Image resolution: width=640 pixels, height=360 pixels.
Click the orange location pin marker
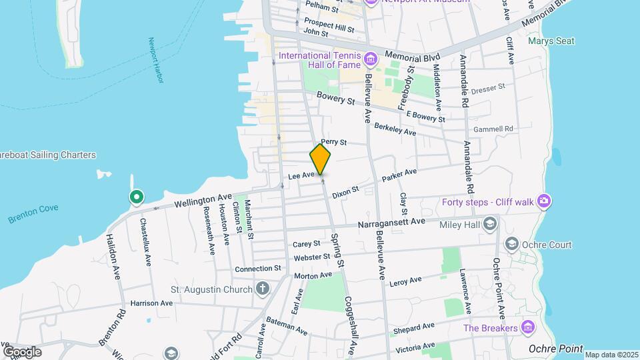point(321,159)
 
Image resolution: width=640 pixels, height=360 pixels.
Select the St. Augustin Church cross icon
point(263,289)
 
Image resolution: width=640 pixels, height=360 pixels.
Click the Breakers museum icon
point(528,327)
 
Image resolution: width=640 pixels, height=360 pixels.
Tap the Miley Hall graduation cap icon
point(491,223)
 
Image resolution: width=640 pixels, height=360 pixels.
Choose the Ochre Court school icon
point(512,244)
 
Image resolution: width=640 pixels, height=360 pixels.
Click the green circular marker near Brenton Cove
point(137,197)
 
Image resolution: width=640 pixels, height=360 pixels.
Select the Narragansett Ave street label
point(391,222)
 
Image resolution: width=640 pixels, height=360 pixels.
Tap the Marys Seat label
point(551,41)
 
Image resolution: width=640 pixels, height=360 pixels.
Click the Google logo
point(22,351)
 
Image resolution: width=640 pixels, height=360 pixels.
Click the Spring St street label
point(339,251)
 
